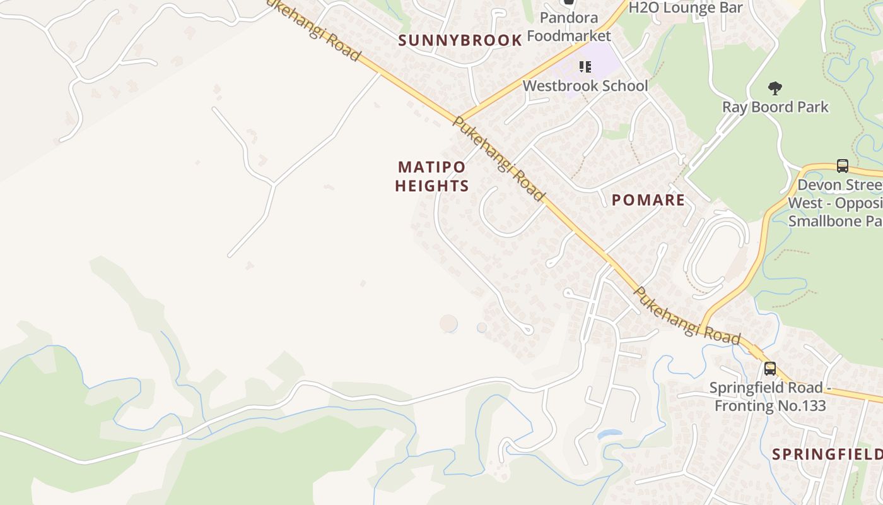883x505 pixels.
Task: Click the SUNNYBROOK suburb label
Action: click(460, 40)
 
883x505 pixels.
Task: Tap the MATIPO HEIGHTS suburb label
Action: click(432, 176)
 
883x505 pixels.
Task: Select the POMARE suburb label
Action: click(648, 200)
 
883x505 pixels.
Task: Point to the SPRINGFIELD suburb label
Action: click(827, 454)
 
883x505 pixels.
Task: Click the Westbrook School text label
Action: click(585, 86)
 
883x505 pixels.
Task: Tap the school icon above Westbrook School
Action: click(585, 66)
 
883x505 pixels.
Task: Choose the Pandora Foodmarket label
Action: click(568, 27)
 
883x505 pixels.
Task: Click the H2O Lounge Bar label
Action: click(686, 8)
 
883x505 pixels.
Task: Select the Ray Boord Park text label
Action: click(775, 107)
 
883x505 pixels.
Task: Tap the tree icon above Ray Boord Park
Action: click(775, 88)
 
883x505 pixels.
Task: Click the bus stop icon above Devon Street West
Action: click(842, 166)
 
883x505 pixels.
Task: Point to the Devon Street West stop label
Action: click(836, 203)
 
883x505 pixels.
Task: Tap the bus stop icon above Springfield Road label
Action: click(769, 369)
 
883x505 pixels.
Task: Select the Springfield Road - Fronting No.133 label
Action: click(767, 396)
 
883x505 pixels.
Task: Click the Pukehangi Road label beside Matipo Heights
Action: click(498, 159)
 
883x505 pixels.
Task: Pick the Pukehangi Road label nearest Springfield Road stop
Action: click(687, 316)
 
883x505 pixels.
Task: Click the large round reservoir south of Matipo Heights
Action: click(448, 324)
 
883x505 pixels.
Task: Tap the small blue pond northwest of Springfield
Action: click(609, 434)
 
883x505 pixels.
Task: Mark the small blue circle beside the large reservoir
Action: click(482, 328)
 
